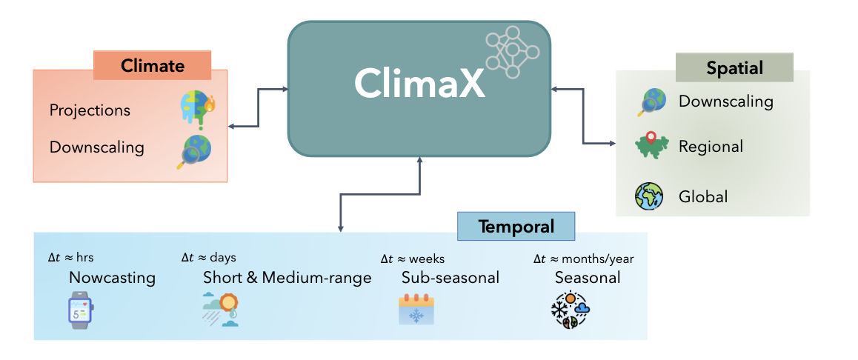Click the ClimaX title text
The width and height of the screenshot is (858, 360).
[419, 83]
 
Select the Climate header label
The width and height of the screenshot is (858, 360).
[153, 65]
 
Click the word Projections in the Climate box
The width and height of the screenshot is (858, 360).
[90, 110]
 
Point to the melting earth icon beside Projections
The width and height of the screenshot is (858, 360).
[196, 110]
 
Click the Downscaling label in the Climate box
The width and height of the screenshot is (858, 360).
[96, 147]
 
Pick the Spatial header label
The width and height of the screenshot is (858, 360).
[734, 68]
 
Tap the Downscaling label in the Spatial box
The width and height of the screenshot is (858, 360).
[725, 101]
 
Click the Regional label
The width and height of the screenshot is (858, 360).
[711, 147]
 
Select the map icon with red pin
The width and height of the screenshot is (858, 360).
[651, 145]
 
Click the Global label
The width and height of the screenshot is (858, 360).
[703, 197]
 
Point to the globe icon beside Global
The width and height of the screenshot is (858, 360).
[650, 196]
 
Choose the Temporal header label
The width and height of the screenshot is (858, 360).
[516, 226]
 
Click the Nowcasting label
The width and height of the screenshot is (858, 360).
[112, 278]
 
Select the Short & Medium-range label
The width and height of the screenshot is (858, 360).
[287, 278]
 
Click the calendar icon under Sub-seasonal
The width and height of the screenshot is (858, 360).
[416, 310]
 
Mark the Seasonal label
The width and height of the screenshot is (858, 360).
[587, 278]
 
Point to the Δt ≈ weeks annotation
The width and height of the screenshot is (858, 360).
[412, 259]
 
